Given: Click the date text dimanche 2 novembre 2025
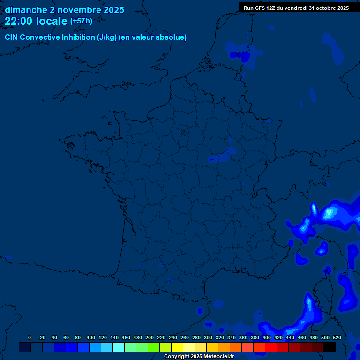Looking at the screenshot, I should pos(64,10).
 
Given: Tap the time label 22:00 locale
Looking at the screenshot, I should pos(36,21).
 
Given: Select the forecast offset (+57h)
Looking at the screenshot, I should pos(81,21).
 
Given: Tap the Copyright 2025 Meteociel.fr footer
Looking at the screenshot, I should pos(198,357).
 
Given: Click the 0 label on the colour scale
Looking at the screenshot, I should pos(30,337).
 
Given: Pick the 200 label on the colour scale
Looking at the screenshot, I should pos(149,337).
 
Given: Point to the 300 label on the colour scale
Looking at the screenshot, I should pos(208,337).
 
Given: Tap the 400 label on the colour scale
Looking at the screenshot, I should pos(266,337).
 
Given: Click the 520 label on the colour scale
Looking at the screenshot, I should pos(337,337).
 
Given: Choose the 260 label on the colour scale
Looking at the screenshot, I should pos(184,337).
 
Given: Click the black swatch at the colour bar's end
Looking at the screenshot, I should pos(330,347).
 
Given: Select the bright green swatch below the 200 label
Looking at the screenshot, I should pos(154,347).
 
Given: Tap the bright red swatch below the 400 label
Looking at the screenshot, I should pos(271,347).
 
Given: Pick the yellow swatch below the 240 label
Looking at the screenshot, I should pos(177,347).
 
